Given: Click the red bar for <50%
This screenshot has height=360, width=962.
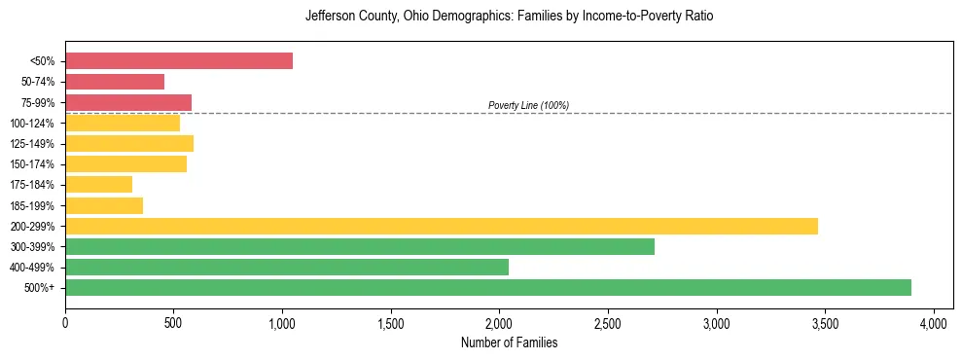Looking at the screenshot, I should (x=179, y=61).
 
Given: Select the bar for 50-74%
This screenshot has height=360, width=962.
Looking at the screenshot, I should (x=115, y=82).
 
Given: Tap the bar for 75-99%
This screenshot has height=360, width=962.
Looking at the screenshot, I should (x=128, y=102).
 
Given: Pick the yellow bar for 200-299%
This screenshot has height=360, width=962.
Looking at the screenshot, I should (x=442, y=226).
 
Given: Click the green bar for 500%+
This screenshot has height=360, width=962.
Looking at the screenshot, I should (x=488, y=287).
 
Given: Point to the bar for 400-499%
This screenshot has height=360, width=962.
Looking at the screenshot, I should (x=287, y=267).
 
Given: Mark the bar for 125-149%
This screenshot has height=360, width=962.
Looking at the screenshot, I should (x=129, y=143).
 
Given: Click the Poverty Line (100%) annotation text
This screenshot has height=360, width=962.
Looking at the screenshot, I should (x=528, y=105).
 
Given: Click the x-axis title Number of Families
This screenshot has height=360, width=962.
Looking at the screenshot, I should (x=509, y=343).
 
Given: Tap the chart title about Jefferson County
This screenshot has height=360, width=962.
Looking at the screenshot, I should (x=509, y=17).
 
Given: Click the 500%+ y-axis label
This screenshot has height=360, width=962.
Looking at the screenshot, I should (x=40, y=288).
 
